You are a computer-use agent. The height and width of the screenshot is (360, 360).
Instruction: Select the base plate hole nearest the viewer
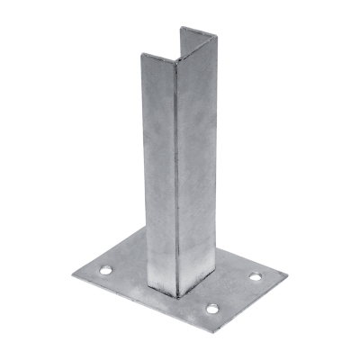(x=212, y=309)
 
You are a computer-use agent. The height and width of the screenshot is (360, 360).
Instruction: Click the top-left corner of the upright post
(x=140, y=57)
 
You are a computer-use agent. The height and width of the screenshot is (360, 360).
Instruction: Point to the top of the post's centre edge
(x=176, y=65)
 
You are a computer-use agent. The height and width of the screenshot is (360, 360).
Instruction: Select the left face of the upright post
(x=158, y=171)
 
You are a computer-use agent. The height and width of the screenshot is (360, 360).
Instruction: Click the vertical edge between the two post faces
(x=177, y=180)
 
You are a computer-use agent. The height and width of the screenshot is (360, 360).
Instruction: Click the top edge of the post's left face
(x=158, y=60)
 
